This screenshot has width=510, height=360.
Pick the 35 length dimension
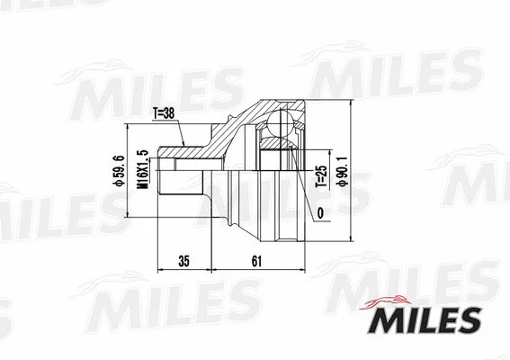pos(183,262)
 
